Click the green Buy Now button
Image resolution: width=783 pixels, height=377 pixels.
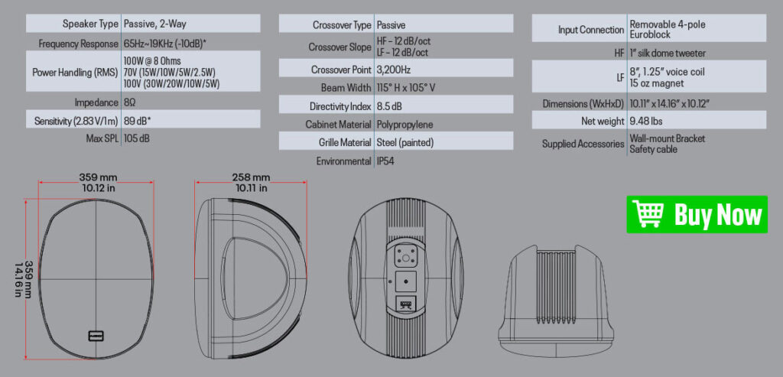click(x=697, y=214)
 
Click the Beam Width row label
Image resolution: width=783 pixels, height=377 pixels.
click(x=343, y=88)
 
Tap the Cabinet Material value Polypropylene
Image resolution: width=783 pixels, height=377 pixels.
click(x=404, y=124)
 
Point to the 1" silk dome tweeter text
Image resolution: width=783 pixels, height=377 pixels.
click(x=667, y=53)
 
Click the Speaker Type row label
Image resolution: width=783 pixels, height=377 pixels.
click(x=90, y=24)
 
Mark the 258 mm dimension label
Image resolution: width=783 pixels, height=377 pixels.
click(x=251, y=177)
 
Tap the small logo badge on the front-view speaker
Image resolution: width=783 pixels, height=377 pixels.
click(x=96, y=335)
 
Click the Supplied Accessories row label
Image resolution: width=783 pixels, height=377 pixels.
click(x=583, y=144)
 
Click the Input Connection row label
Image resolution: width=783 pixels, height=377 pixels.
click(x=591, y=30)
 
